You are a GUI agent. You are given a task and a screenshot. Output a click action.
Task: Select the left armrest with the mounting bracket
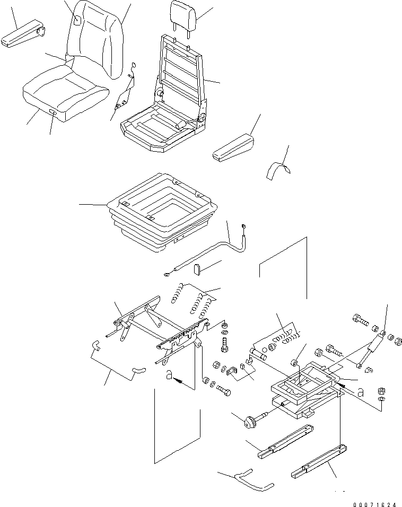pyautogui.click(x=22, y=34)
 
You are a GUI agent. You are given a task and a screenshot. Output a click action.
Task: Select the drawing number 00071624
pyautogui.click(x=374, y=504)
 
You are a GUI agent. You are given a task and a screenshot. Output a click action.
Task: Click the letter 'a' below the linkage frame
pyautogui.click(x=169, y=375)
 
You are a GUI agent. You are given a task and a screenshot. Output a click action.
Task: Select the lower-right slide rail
pyautogui.click(x=319, y=462)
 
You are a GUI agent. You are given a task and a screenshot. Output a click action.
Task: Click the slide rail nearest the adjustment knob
pyautogui.click(x=285, y=441)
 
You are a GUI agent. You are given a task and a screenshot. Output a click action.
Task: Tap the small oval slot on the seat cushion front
pyautogui.click(x=52, y=112)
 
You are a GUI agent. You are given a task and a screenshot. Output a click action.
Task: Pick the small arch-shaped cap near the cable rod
pyautogui.click(x=197, y=269)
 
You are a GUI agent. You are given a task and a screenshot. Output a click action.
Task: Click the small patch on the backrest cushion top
pyautogui.click(x=77, y=21)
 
